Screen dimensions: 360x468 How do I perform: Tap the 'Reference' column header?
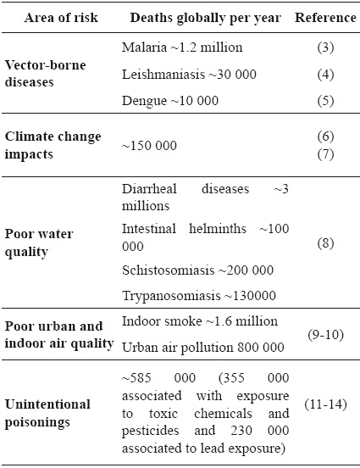click(324, 18)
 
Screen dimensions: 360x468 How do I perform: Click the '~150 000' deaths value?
click(150, 145)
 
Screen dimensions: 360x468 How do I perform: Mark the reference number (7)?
click(324, 153)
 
